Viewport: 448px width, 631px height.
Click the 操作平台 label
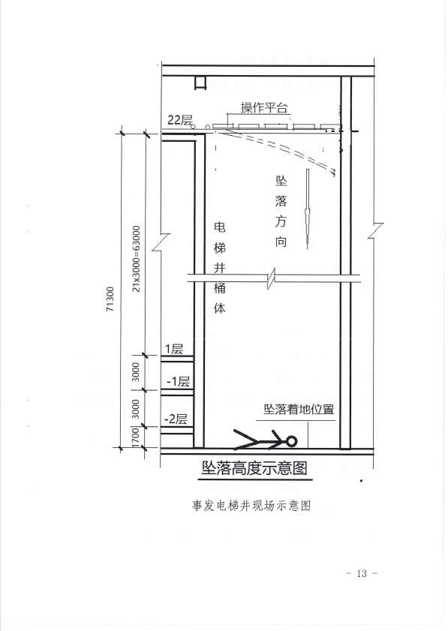[x=264, y=107]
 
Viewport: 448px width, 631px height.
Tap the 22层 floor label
[x=180, y=120]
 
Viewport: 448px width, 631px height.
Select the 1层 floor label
[x=174, y=348]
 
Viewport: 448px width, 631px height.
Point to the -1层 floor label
[x=178, y=380]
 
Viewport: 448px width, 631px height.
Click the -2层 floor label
[x=176, y=419]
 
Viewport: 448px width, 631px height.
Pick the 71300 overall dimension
[x=110, y=299]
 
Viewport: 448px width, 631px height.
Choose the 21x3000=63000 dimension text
[x=137, y=259]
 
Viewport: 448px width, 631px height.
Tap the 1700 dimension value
[x=136, y=437]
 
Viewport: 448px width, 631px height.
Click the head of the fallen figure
[x=291, y=441]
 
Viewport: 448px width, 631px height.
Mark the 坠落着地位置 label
[x=299, y=409]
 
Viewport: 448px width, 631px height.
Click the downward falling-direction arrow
[x=308, y=209]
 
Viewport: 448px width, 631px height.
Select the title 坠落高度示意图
[x=254, y=468]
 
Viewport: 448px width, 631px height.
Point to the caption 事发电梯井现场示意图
[x=251, y=506]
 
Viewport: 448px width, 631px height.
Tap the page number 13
[x=362, y=573]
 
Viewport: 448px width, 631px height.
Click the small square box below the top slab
[x=200, y=83]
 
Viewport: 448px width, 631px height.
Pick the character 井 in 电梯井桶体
[x=219, y=268]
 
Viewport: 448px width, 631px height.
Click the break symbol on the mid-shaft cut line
[x=272, y=279]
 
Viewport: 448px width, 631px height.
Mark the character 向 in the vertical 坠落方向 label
[x=281, y=241]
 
